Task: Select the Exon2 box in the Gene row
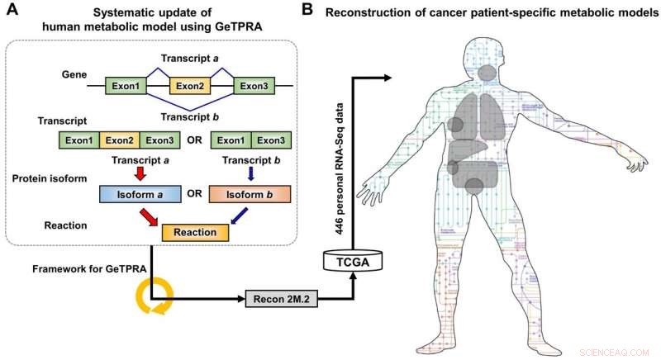click(x=191, y=85)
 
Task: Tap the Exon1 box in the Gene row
click(x=126, y=85)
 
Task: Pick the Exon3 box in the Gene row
click(x=256, y=85)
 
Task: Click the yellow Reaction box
click(x=195, y=232)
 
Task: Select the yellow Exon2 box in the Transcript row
click(x=121, y=140)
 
